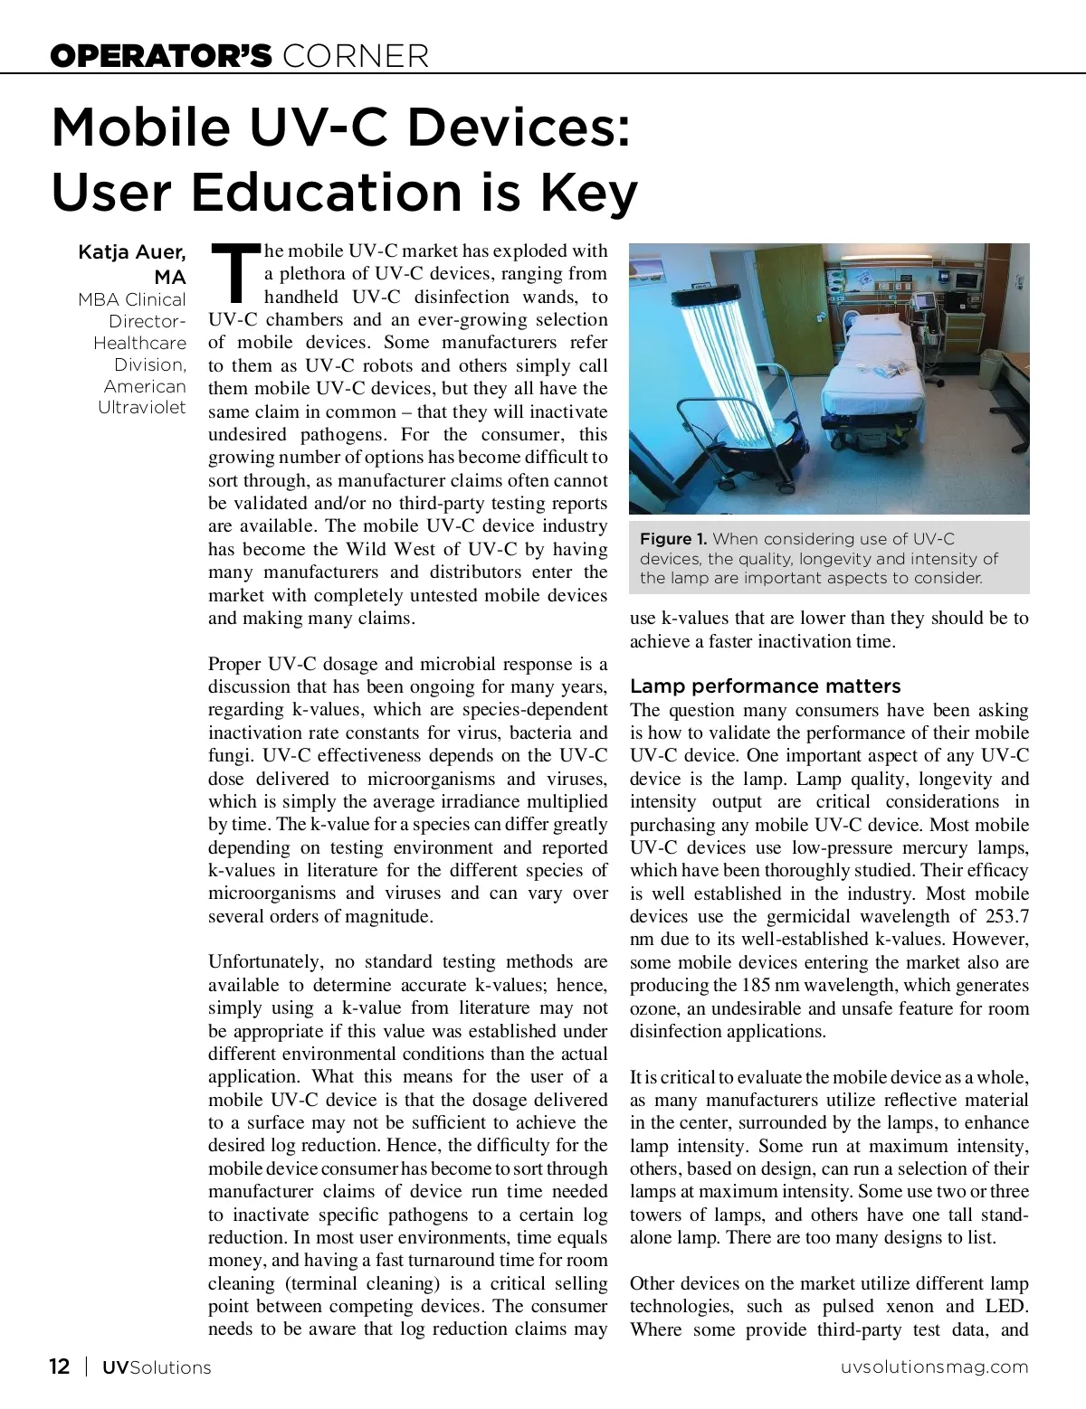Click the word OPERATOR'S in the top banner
click(x=161, y=56)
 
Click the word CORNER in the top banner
click(x=356, y=56)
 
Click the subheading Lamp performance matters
click(x=766, y=686)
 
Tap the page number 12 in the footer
click(x=59, y=1366)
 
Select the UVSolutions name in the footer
click(x=156, y=1366)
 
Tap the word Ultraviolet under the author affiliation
click(x=142, y=408)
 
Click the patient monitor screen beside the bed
click(x=924, y=302)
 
